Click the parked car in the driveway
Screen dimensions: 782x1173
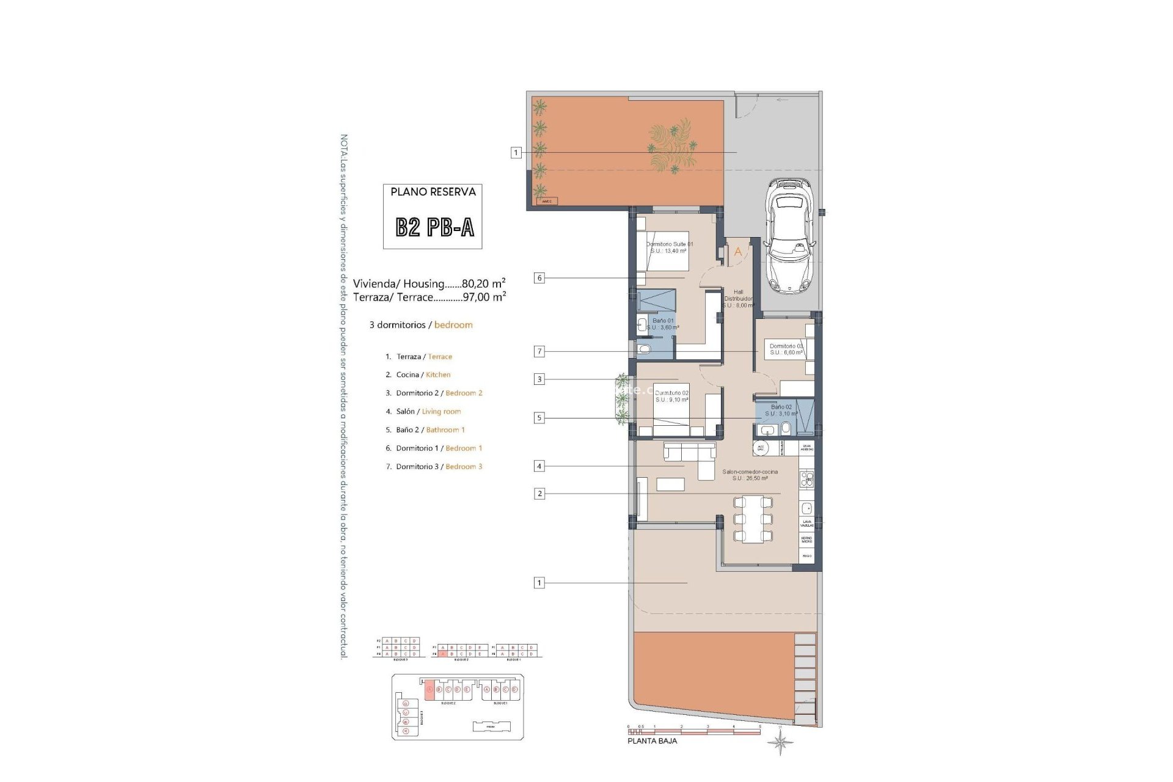(x=791, y=234)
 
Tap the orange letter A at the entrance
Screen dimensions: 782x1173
(x=738, y=252)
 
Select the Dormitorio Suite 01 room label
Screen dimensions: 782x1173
(x=670, y=247)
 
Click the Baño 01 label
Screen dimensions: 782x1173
(x=663, y=324)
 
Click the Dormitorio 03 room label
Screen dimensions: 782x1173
(x=786, y=349)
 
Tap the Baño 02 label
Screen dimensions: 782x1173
(x=781, y=410)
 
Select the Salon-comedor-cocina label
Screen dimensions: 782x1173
(x=750, y=475)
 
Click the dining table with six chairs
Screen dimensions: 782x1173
(x=753, y=519)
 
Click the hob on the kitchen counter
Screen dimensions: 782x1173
(x=806, y=479)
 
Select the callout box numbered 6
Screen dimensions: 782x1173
(x=539, y=278)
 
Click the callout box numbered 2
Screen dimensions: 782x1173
(x=539, y=494)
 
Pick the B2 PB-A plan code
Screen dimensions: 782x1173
(x=434, y=227)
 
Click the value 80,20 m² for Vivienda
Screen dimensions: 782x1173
(x=483, y=283)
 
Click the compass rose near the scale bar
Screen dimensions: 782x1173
(x=781, y=744)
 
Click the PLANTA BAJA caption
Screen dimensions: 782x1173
(x=652, y=741)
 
